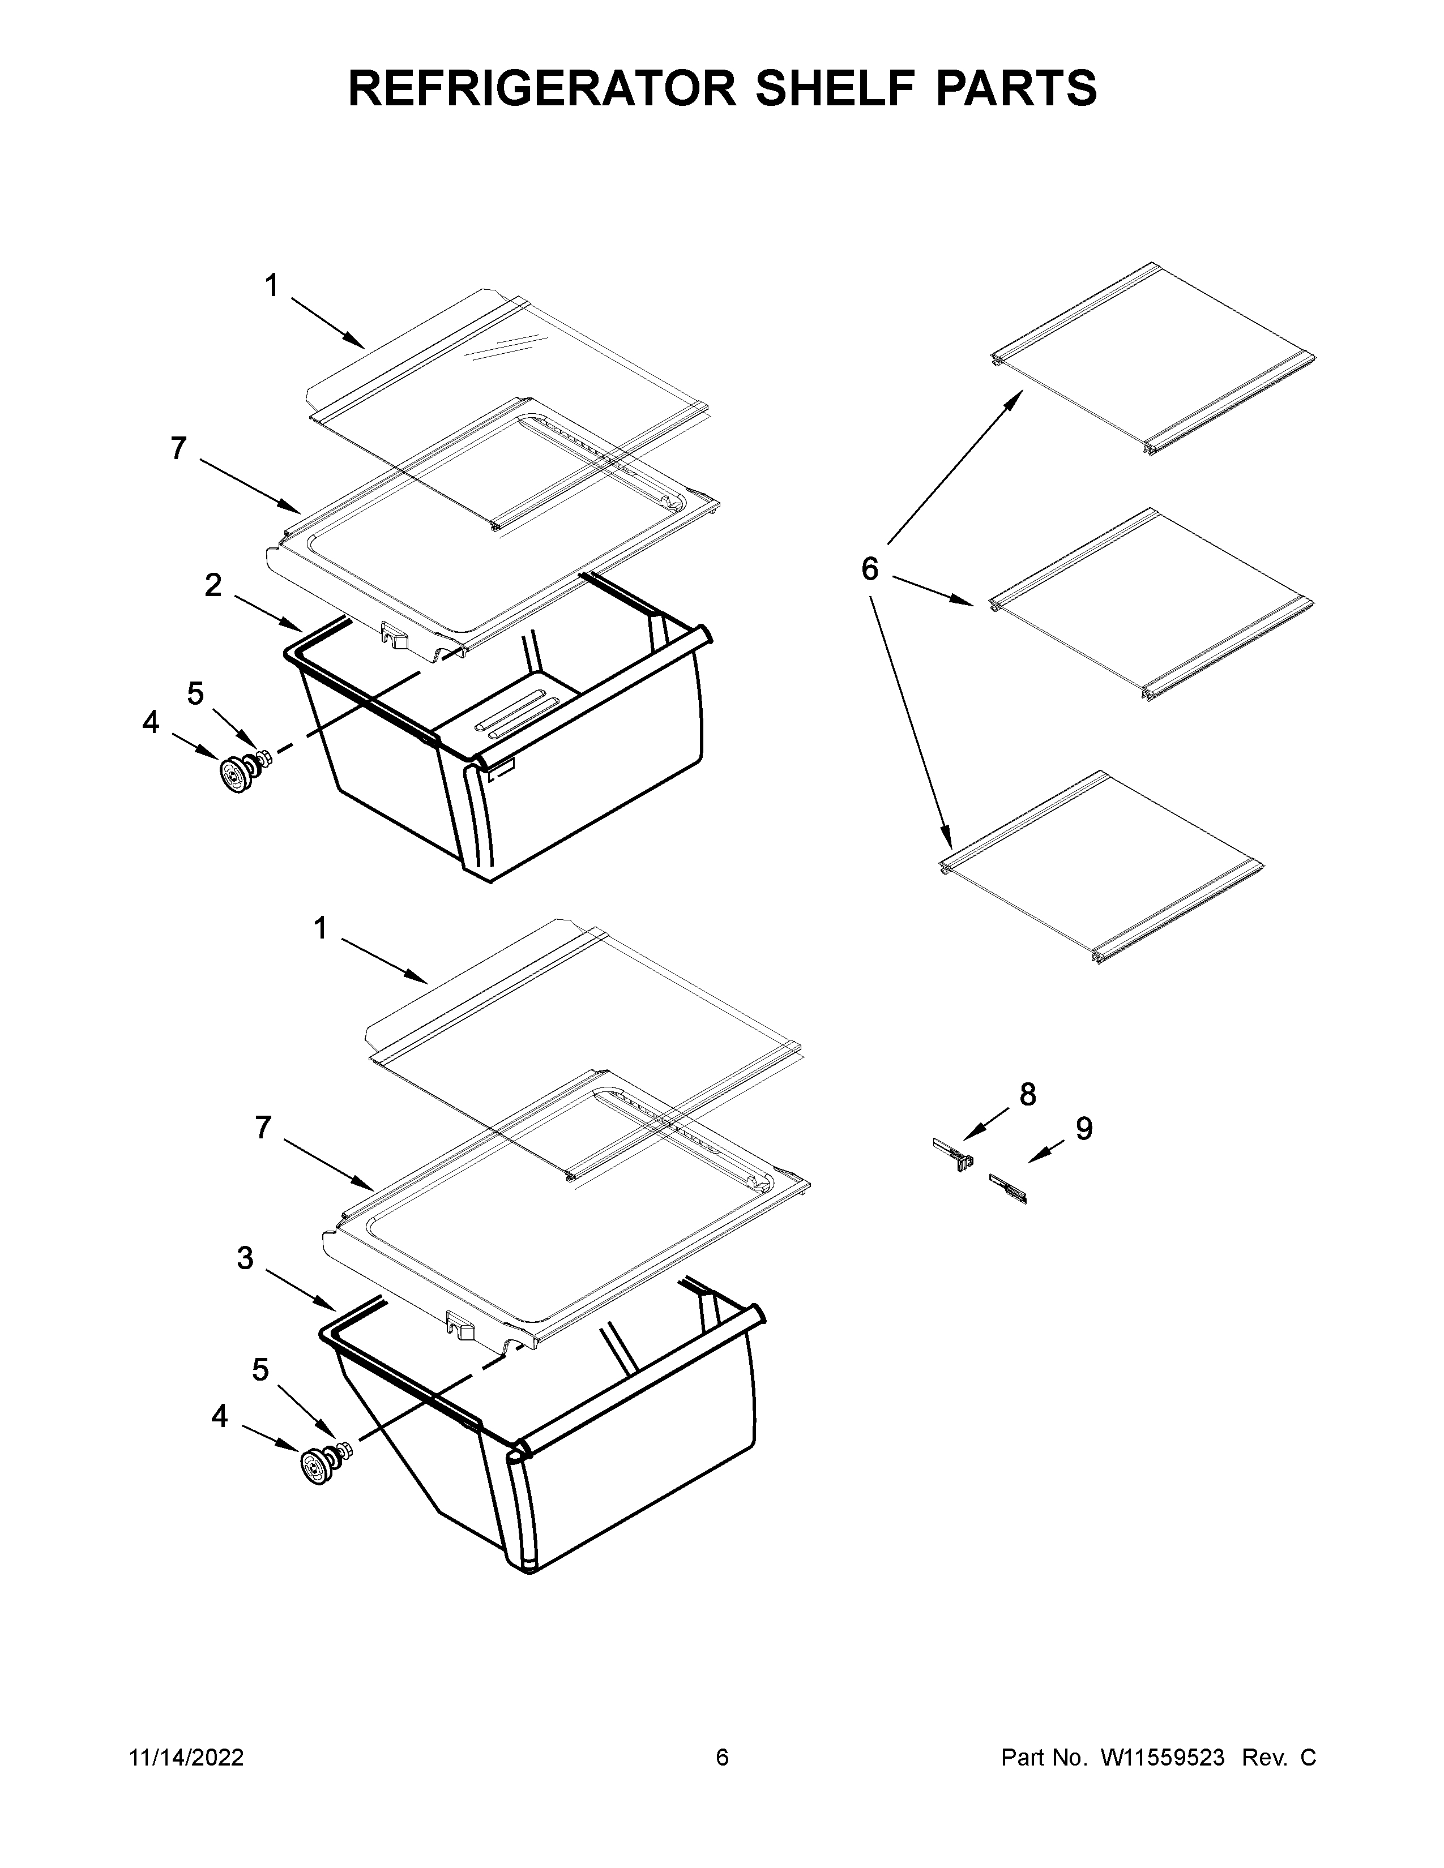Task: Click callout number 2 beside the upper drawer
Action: point(213,585)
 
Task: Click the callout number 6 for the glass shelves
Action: point(869,568)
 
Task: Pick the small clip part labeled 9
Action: point(1007,1188)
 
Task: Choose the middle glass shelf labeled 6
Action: point(1151,604)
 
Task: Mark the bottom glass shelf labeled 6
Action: point(1102,867)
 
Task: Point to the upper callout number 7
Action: point(178,448)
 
